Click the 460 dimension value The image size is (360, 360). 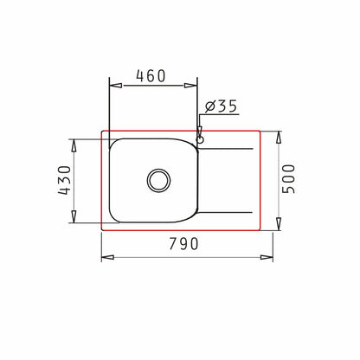pos(151,76)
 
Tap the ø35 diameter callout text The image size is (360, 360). pos(222,107)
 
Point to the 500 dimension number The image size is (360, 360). pos(298,180)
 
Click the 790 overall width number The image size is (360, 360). pos(181,245)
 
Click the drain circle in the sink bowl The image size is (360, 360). pos(159,180)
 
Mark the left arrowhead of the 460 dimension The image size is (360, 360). pos(112,85)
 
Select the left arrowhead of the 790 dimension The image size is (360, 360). pos(106,256)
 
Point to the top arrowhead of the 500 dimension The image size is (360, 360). pos(280,135)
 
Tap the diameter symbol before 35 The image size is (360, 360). pos(209,107)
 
